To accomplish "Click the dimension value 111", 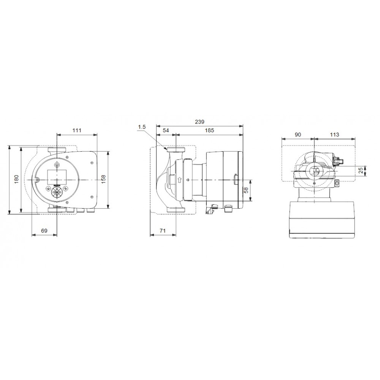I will (77, 130).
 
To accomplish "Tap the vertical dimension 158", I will (104, 179).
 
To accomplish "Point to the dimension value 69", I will (44, 231).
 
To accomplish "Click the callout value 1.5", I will (141, 127).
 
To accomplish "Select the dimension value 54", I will (166, 130).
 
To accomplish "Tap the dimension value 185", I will (209, 130).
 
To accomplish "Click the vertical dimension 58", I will (246, 190).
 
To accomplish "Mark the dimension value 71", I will (163, 231).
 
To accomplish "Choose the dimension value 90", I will (298, 135).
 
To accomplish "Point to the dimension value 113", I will (334, 135).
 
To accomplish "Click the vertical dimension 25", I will (361, 171).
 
